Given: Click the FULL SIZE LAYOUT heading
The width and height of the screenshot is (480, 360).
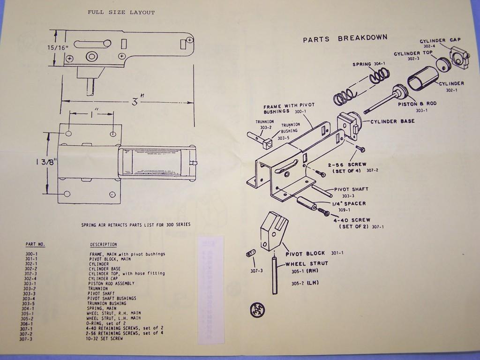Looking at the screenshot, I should tap(121, 12).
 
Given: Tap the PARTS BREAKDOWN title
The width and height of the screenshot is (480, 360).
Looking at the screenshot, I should tap(345, 39).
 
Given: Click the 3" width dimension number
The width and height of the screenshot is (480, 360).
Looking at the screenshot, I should tap(135, 100).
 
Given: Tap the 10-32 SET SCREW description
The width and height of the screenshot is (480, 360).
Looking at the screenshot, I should tap(106, 338).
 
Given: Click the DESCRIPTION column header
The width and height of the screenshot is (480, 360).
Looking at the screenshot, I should tap(104, 244).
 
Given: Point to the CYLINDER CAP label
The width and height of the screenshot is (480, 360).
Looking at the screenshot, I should tap(440, 40).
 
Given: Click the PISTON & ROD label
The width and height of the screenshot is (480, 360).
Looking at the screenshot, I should tap(417, 104).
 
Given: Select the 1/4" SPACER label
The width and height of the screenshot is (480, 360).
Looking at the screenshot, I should tap(349, 203).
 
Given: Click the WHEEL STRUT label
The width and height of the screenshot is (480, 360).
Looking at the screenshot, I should tap(307, 263).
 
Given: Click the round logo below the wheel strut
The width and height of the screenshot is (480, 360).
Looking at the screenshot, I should tap(258, 310).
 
